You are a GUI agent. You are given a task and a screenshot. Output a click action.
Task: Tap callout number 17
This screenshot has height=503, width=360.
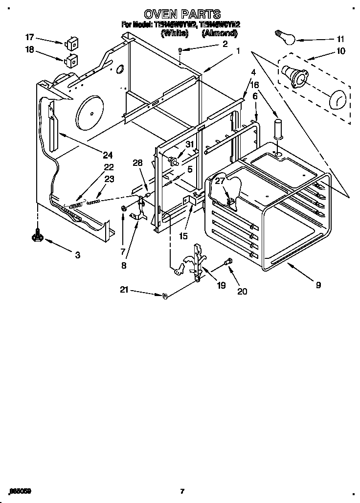click(x=29, y=37)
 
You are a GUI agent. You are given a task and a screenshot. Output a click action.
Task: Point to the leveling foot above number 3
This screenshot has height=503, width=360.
click(x=37, y=236)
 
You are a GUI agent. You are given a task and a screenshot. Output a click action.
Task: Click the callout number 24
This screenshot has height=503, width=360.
click(x=108, y=155)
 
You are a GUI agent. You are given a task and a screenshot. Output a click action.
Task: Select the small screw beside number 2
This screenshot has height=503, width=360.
click(x=181, y=50)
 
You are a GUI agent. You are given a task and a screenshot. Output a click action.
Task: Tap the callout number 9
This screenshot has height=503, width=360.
click(x=318, y=285)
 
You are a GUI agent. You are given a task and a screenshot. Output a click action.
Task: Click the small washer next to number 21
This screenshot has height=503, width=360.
click(x=165, y=296)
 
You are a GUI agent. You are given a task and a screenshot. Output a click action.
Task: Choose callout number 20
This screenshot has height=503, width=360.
click(x=242, y=291)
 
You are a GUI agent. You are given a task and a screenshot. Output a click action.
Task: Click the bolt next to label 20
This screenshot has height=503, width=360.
click(x=228, y=263)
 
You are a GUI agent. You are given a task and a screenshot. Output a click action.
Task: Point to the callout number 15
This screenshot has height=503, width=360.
click(x=183, y=236)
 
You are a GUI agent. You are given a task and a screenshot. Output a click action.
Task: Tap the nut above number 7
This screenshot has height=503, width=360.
click(x=124, y=209)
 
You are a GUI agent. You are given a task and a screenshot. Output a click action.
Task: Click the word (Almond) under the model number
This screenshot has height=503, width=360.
click(x=220, y=34)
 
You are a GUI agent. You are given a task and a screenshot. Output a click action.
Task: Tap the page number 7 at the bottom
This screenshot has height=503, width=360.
click(x=182, y=491)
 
